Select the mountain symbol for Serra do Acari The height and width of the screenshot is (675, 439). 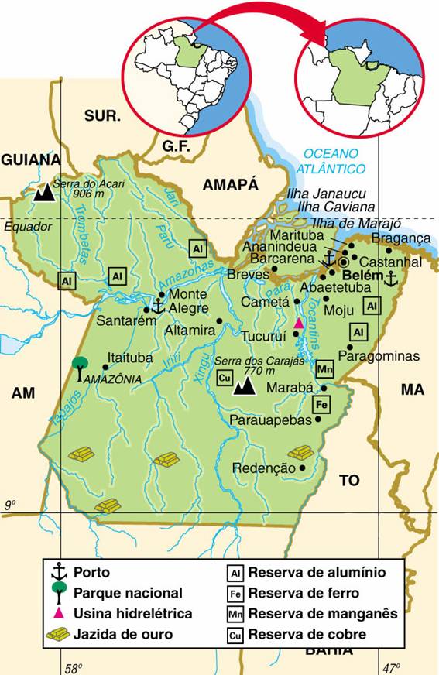click(x=43, y=193)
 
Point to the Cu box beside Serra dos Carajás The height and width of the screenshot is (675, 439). click(x=225, y=378)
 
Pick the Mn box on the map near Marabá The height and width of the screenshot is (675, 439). click(x=325, y=369)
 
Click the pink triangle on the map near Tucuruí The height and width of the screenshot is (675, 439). click(x=297, y=323)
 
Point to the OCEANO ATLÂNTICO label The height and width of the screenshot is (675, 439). click(x=334, y=160)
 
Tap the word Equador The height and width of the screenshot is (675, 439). click(x=27, y=228)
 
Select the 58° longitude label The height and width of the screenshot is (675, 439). click(x=72, y=667)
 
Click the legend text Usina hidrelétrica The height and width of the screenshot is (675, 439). click(x=132, y=613)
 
